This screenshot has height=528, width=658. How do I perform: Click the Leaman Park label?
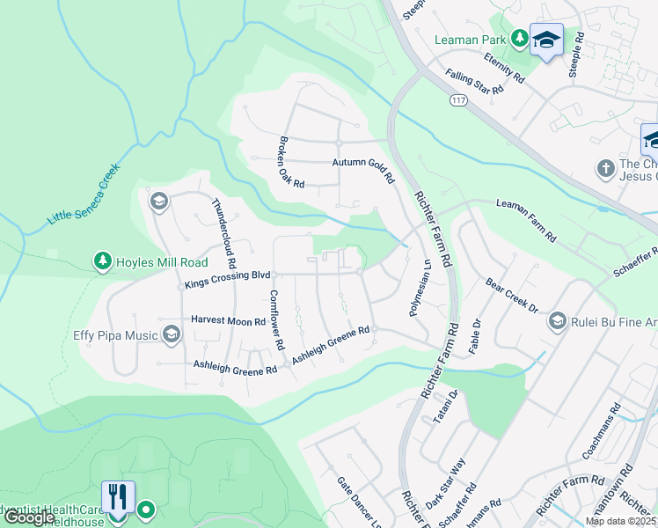point(472,40)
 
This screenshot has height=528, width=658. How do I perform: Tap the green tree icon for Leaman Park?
point(520,38)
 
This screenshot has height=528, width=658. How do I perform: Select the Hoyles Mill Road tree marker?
point(103,261)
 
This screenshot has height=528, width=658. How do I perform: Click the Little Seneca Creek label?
point(84,193)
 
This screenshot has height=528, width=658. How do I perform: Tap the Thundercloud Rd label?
point(224,232)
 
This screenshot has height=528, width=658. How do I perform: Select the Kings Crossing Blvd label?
point(226,281)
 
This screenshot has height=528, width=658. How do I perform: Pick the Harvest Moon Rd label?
point(227,321)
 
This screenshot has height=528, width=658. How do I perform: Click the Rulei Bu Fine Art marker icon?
point(558,321)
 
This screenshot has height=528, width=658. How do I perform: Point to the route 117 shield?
point(457,100)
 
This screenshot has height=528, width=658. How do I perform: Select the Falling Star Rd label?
point(474,83)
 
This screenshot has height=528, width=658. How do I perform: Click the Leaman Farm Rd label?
point(526,221)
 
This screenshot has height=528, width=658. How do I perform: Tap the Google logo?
point(30,517)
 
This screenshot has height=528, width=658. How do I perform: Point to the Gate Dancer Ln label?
point(359,502)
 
